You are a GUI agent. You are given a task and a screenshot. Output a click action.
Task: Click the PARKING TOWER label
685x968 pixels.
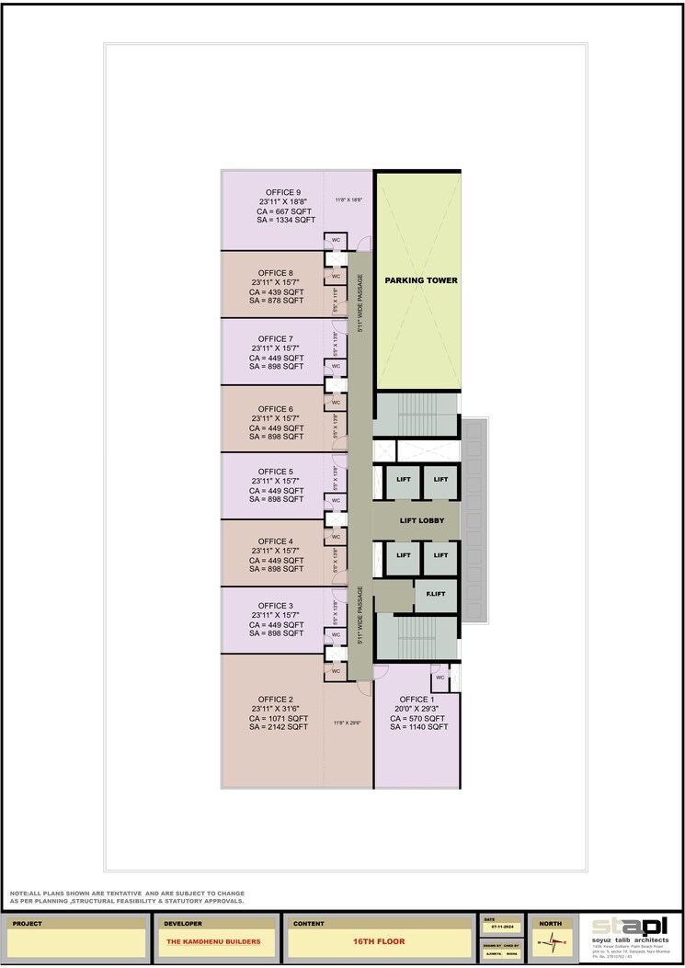coord(420,280)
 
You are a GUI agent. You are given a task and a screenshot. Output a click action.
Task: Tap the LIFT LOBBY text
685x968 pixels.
coord(422,521)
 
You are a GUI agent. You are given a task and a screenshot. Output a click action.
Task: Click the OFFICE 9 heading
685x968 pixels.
coord(280,192)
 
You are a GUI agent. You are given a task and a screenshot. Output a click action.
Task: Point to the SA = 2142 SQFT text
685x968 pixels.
coord(278,727)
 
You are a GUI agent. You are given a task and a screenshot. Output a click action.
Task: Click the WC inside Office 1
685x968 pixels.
coord(440,678)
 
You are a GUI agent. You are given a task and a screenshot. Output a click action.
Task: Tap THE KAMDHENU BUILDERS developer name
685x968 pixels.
coord(213,942)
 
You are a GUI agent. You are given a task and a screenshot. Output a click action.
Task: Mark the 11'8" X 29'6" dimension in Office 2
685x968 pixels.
coord(348,723)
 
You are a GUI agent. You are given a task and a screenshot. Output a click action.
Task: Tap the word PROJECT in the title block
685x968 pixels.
coord(28,923)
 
